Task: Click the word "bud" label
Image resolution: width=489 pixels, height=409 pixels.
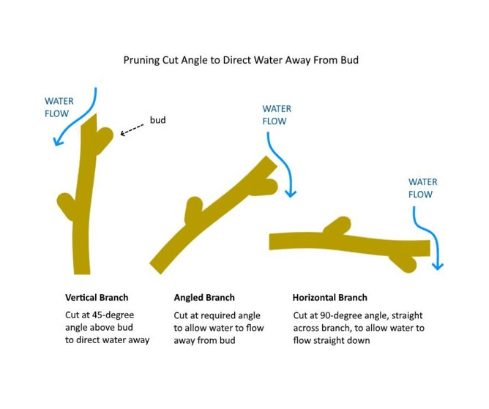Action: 157,119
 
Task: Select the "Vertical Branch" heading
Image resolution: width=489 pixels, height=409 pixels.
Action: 97,298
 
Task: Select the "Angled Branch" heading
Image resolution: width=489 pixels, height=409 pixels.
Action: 204,298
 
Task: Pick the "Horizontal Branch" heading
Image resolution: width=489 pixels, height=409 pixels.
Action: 329,298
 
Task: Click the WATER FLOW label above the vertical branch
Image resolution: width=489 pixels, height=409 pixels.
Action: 59,108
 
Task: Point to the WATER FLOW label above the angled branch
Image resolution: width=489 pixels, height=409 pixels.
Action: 277,115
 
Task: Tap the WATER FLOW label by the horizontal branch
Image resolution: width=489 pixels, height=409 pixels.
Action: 422,188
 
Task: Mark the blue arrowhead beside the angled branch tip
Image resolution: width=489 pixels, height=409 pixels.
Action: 291,193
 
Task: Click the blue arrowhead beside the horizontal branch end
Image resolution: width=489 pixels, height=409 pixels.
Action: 438,266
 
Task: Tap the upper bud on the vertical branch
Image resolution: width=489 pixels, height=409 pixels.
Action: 105,136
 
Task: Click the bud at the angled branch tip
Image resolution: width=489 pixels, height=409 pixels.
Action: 268,186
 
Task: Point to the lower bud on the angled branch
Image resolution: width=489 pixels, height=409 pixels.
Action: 193,209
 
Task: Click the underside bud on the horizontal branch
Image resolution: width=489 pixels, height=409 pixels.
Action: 405,262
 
